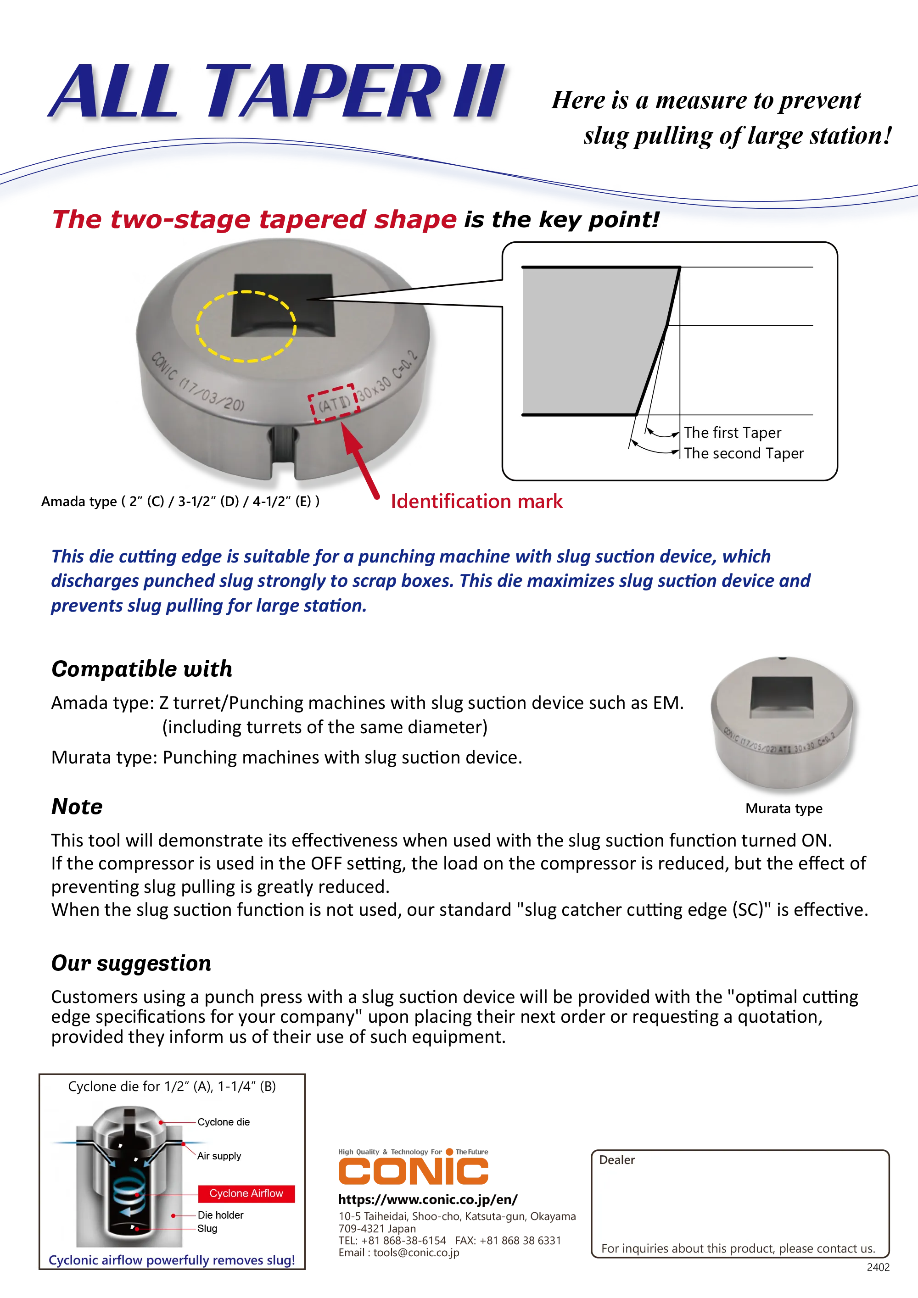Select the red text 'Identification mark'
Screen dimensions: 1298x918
477,501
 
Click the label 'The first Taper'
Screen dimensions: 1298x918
732,433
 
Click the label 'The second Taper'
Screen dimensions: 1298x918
743,453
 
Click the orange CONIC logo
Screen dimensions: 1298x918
413,1167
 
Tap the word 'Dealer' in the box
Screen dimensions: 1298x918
616,1160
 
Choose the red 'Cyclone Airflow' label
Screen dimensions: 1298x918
246,1193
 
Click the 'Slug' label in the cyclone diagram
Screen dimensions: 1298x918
207,1228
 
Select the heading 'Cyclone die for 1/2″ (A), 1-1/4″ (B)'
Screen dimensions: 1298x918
172,1086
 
